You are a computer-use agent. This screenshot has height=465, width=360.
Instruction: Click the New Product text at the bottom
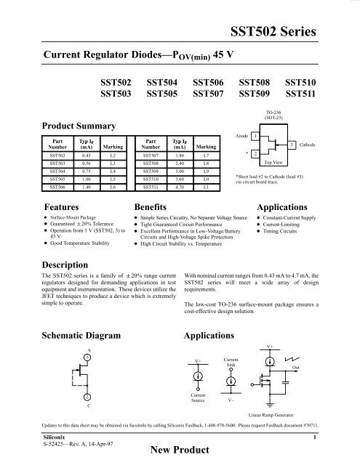[179, 451]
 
